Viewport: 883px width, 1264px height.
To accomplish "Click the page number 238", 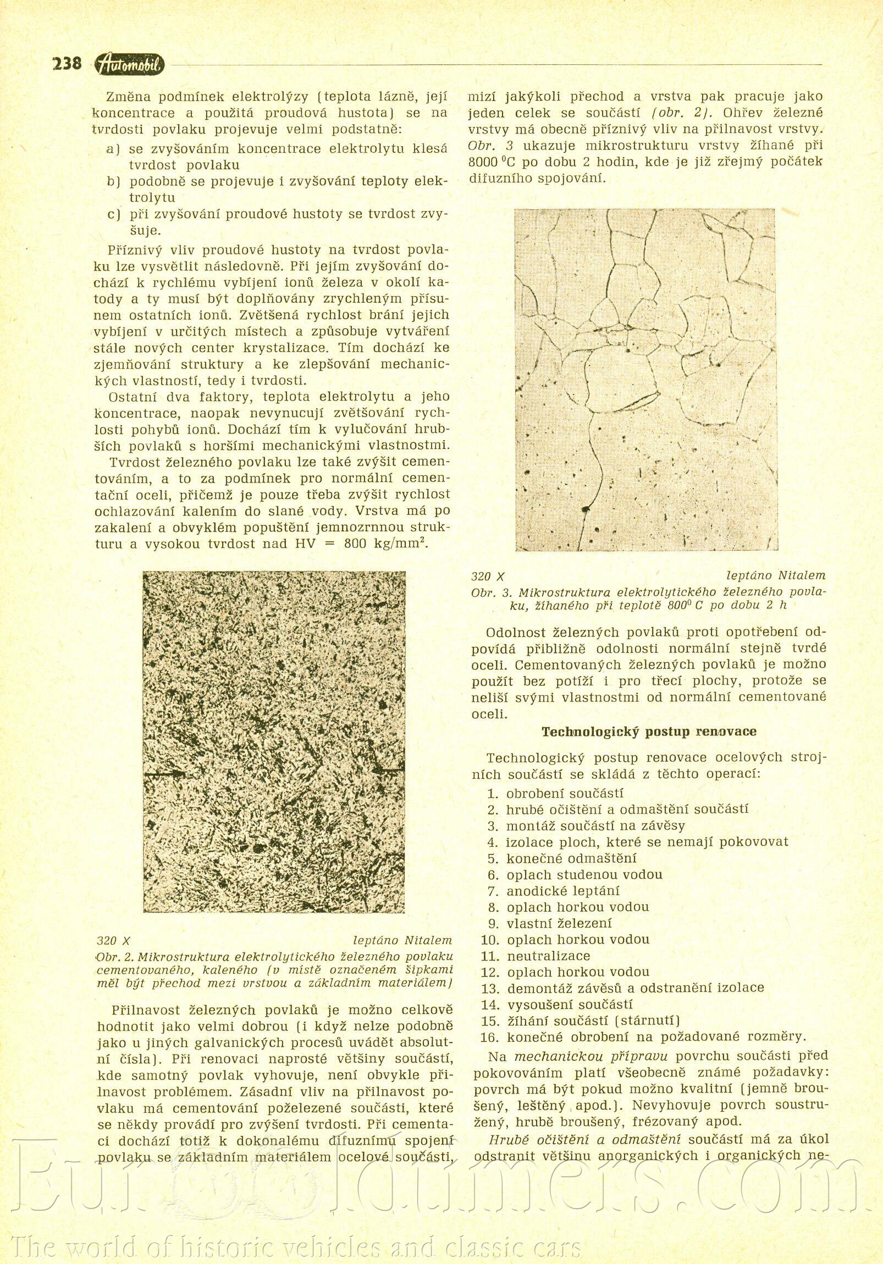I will point(67,64).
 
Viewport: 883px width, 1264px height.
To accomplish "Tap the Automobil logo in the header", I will point(129,65).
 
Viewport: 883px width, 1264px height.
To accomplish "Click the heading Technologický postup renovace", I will point(649,731).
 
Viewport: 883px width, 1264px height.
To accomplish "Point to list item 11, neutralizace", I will point(548,956).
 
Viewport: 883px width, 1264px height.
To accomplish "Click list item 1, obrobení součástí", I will point(564,794).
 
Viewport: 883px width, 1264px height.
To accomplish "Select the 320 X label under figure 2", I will point(113,941).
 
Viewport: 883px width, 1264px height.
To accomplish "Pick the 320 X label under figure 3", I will point(488,576).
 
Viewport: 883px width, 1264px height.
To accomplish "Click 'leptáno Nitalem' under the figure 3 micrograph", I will point(776,576).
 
